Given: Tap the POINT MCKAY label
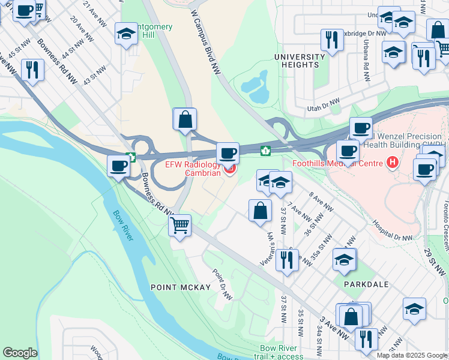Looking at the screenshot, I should pyautogui.click(x=180, y=287).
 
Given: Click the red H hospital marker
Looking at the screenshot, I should pyautogui.click(x=393, y=162).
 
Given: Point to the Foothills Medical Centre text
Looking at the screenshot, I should pyautogui.click(x=339, y=163).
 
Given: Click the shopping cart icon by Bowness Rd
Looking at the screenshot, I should pyautogui.click(x=179, y=226).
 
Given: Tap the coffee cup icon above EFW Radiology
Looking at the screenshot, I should pyautogui.click(x=228, y=153).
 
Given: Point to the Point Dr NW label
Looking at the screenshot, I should pyautogui.click(x=222, y=283).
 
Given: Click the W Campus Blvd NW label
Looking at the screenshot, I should pyautogui.click(x=206, y=41).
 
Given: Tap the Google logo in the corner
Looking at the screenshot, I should pyautogui.click(x=20, y=353).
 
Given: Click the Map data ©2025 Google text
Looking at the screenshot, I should pyautogui.click(x=412, y=355).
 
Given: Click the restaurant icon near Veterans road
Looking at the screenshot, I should pyautogui.click(x=287, y=259).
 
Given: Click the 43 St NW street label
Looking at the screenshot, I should pyautogui.click(x=90, y=75).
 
